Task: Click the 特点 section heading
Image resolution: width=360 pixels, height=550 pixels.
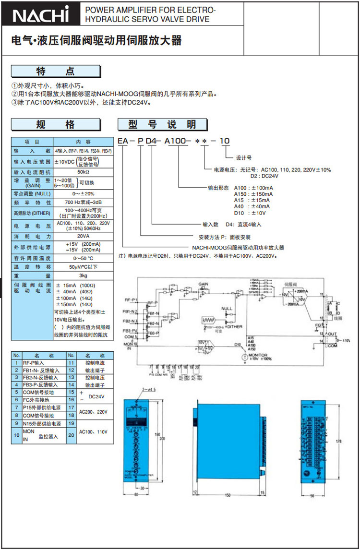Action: tap(56, 72)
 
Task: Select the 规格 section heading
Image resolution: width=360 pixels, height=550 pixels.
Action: tap(56, 125)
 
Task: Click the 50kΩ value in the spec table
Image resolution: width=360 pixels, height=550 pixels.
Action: tap(83, 172)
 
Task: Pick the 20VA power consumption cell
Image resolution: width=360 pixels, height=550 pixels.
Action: tap(83, 237)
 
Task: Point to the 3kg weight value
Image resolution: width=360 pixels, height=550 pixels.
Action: tap(83, 275)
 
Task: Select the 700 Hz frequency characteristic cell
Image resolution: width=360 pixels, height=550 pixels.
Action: tap(83, 203)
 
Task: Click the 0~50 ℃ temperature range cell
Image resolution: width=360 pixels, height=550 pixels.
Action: tap(83, 258)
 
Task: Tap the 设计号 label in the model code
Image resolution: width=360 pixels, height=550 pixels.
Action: tap(244, 157)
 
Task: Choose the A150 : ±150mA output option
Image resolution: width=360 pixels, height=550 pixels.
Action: tap(253, 194)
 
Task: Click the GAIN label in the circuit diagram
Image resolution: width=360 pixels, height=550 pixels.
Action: tap(203, 284)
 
